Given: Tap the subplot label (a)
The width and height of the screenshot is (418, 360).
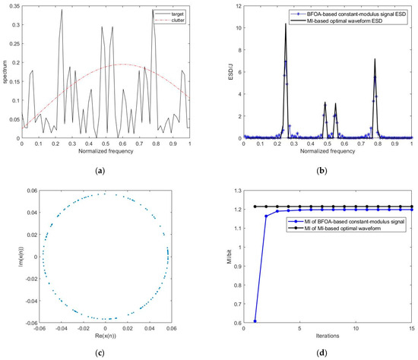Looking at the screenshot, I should click(103, 168).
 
